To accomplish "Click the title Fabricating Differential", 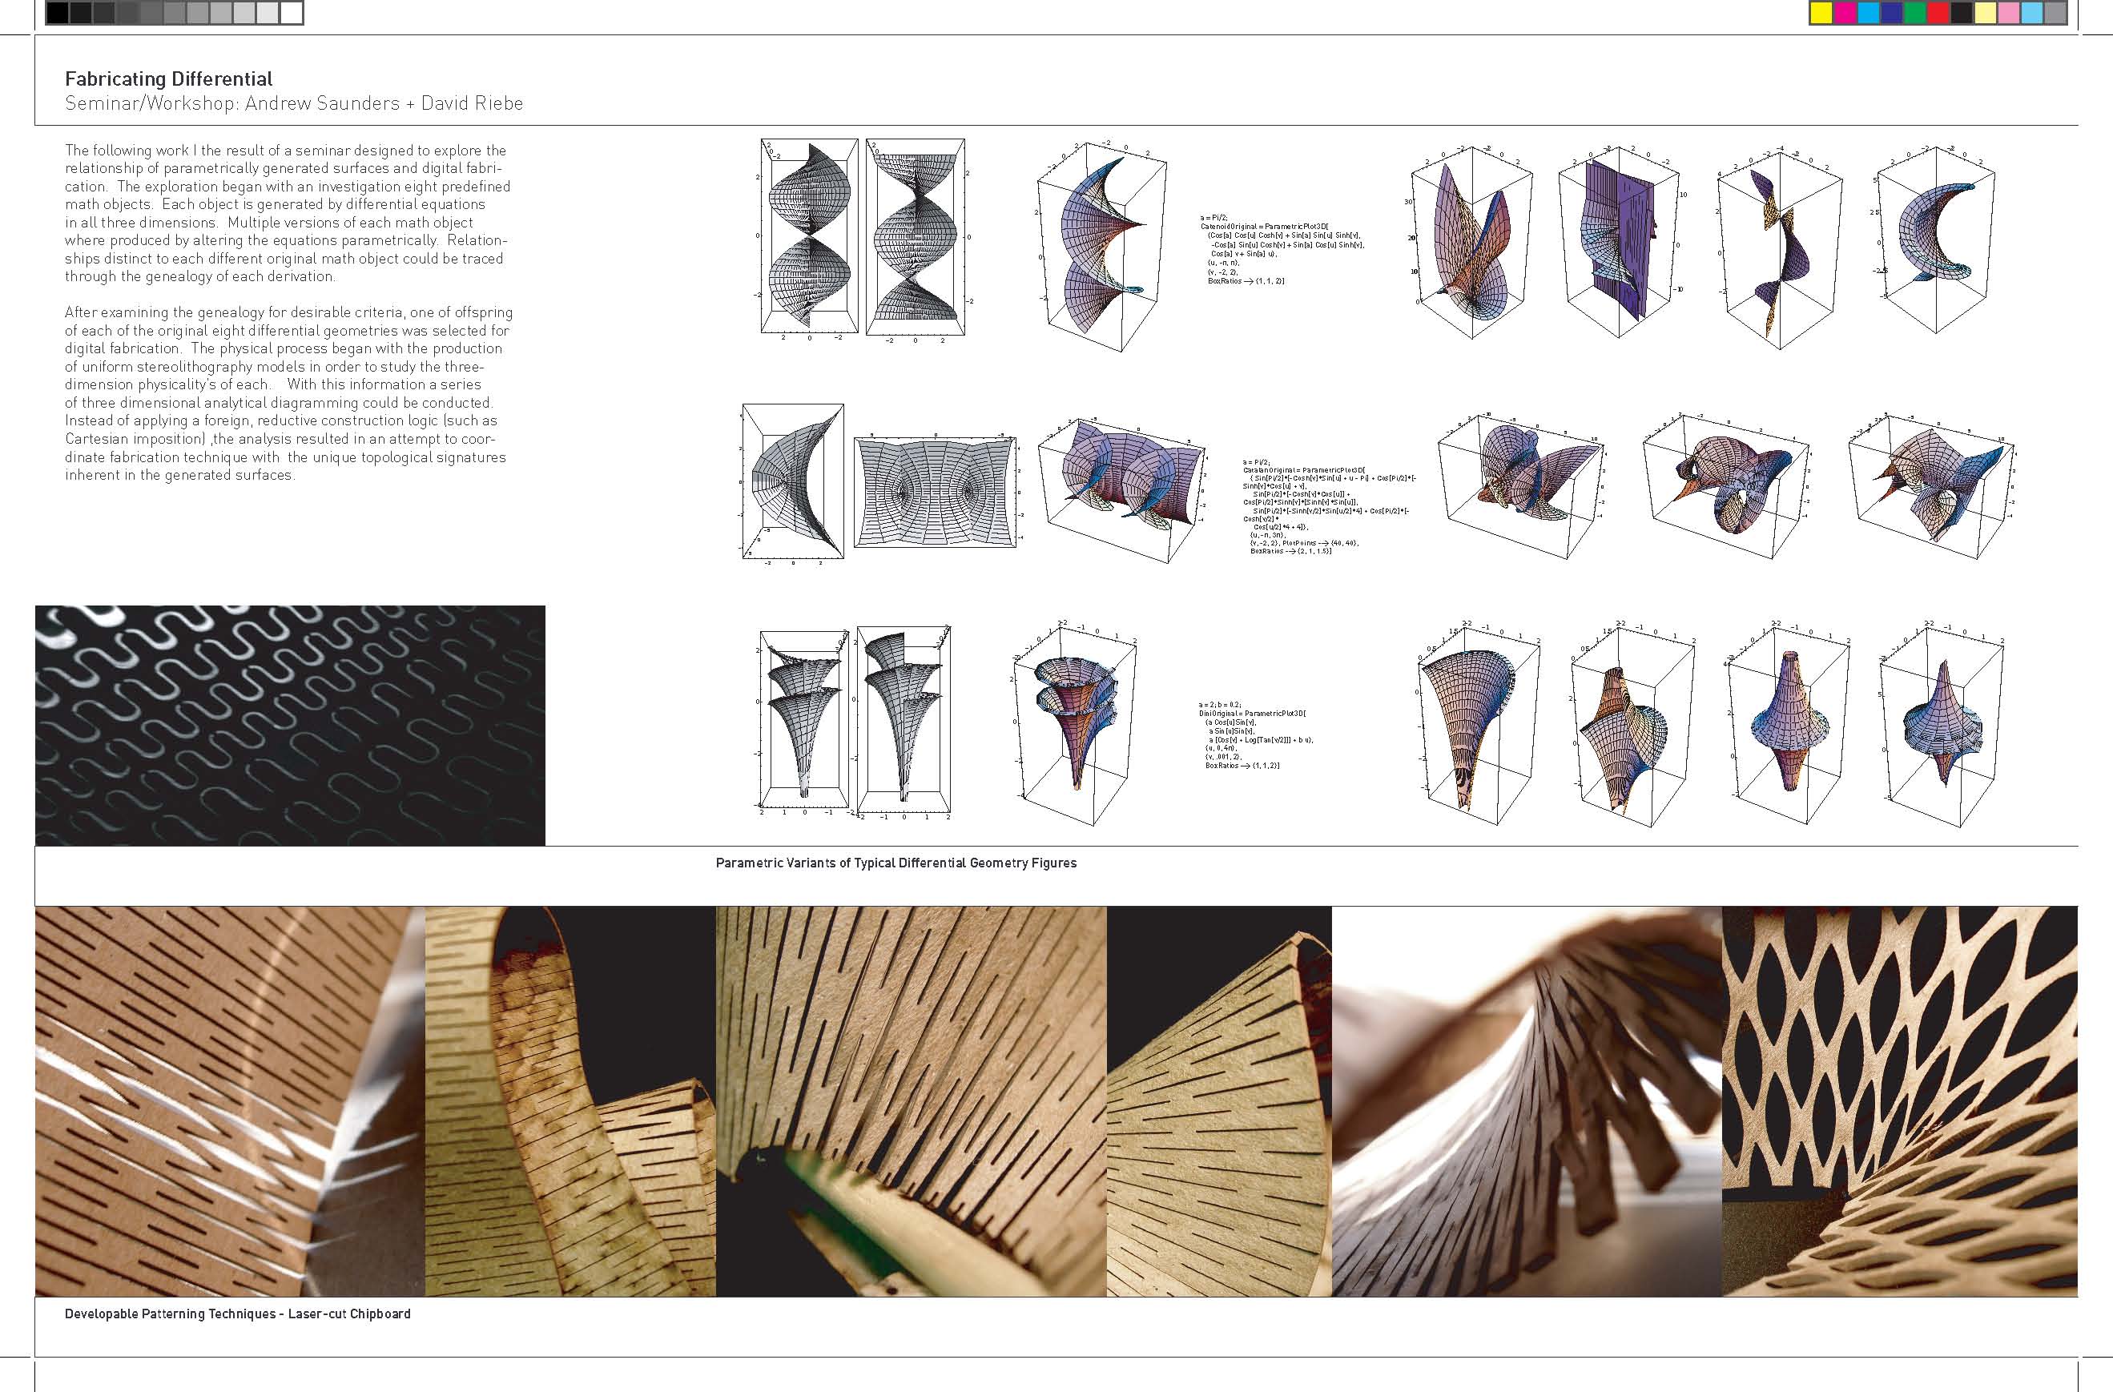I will [169, 79].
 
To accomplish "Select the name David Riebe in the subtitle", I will [472, 104].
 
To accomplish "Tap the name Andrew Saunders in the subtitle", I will [322, 104].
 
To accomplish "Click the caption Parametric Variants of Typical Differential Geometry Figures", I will [896, 863].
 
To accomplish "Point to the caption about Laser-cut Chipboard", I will [237, 1314].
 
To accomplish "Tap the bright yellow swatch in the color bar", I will [1820, 14].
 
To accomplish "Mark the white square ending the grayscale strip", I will [292, 14].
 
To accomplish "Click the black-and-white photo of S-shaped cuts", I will [290, 726].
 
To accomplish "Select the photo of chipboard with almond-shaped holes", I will [1899, 1100].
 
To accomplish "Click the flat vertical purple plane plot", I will [1618, 239].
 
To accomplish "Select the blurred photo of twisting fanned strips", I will [1526, 1100].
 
